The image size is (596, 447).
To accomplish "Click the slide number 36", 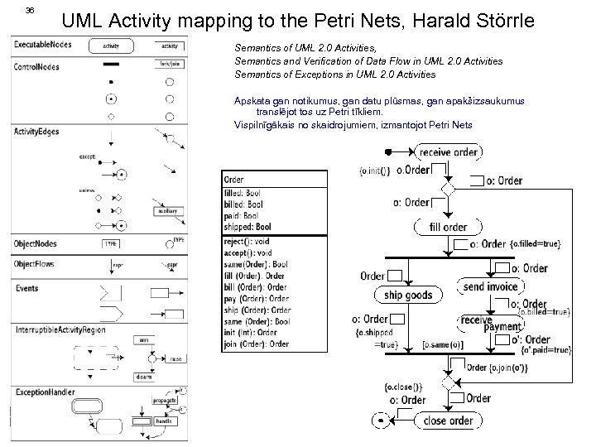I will [x=30, y=10].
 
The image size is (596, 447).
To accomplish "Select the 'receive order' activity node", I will [x=448, y=151].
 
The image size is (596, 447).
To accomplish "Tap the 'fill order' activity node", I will [x=448, y=227].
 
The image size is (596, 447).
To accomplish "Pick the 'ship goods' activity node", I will [x=408, y=296].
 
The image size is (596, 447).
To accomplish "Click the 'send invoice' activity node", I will [x=491, y=287].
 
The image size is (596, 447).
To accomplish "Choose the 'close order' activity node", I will [x=447, y=421].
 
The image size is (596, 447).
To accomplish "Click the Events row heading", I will [x=26, y=288].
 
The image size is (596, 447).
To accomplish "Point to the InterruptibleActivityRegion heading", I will [x=63, y=329].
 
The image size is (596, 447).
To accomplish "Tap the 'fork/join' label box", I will [x=169, y=64].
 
